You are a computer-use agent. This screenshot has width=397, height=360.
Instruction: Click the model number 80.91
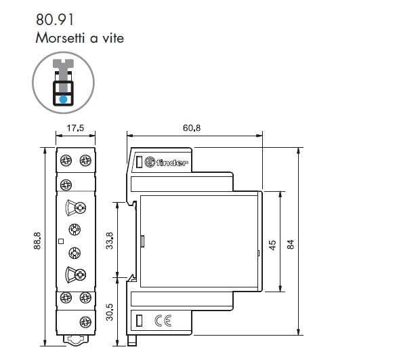click(x=55, y=20)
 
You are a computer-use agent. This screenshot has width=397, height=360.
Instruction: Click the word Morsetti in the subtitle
click(x=60, y=38)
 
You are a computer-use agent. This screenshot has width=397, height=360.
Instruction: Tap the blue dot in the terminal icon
click(x=63, y=99)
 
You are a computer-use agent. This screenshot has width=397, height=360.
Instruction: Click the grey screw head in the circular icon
click(x=63, y=64)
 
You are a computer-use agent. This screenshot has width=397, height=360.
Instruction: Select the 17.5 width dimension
click(x=75, y=128)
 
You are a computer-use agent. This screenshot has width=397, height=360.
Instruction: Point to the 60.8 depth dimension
click(x=192, y=128)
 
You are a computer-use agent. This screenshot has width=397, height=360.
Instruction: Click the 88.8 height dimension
click(x=37, y=241)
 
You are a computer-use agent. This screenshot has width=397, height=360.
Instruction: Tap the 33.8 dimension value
click(x=109, y=241)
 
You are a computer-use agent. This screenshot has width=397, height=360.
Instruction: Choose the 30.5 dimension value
click(x=109, y=313)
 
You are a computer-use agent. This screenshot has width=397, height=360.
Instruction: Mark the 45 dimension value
click(x=272, y=245)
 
